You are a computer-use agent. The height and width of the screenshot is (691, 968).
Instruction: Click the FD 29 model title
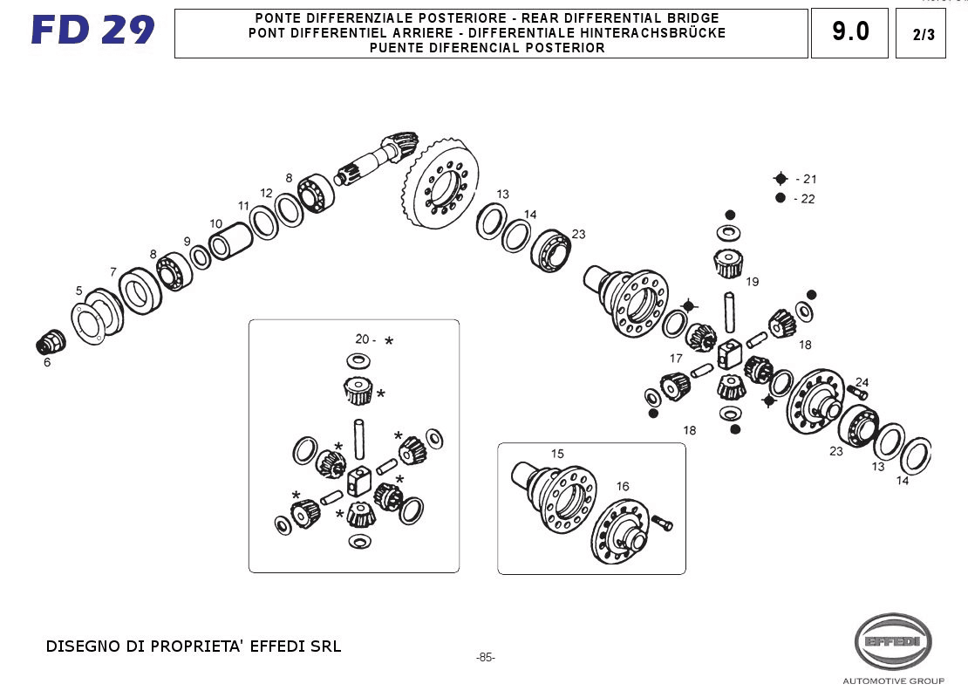92,31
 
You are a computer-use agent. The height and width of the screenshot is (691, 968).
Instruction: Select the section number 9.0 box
849,33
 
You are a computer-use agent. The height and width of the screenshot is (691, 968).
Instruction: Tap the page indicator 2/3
921,35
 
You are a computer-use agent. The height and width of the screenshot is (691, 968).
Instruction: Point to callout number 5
78,291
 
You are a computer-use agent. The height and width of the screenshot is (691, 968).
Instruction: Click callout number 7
112,272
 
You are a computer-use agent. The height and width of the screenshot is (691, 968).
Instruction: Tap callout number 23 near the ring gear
578,234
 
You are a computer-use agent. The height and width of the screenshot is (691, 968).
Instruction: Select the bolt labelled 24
856,393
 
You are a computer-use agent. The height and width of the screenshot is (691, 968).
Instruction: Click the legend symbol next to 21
781,179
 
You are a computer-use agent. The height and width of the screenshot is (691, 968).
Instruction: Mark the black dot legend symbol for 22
781,198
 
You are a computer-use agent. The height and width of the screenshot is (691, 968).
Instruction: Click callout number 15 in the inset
557,454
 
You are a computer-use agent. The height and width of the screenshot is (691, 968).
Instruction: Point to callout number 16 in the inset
622,487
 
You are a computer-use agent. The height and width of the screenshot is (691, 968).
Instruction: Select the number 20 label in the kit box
362,339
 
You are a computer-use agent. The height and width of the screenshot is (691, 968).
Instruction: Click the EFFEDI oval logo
892,641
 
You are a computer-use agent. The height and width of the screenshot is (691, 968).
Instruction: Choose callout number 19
752,282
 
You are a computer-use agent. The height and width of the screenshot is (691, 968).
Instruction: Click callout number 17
676,359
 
